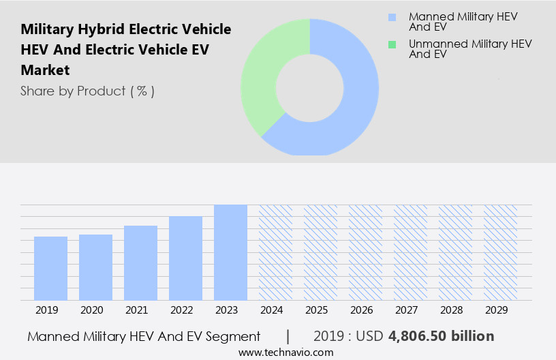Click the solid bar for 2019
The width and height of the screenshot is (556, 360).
(50, 268)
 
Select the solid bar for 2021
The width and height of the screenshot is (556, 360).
(140, 262)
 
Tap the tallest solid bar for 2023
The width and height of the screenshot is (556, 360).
(230, 252)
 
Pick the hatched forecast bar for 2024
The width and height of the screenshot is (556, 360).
(275, 252)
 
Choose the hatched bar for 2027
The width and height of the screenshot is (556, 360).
(410, 252)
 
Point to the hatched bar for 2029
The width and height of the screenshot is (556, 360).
(500, 252)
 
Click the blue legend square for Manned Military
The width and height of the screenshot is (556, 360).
(391, 17)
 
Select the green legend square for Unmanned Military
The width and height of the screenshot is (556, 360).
(391, 44)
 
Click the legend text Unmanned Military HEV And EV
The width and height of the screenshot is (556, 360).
(469, 49)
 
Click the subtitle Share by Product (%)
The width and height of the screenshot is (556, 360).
(87, 91)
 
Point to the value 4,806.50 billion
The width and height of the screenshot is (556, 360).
(442, 336)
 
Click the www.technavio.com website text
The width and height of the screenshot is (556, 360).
(286, 352)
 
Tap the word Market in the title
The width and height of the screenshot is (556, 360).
(45, 70)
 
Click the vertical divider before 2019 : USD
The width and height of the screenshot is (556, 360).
(288, 336)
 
